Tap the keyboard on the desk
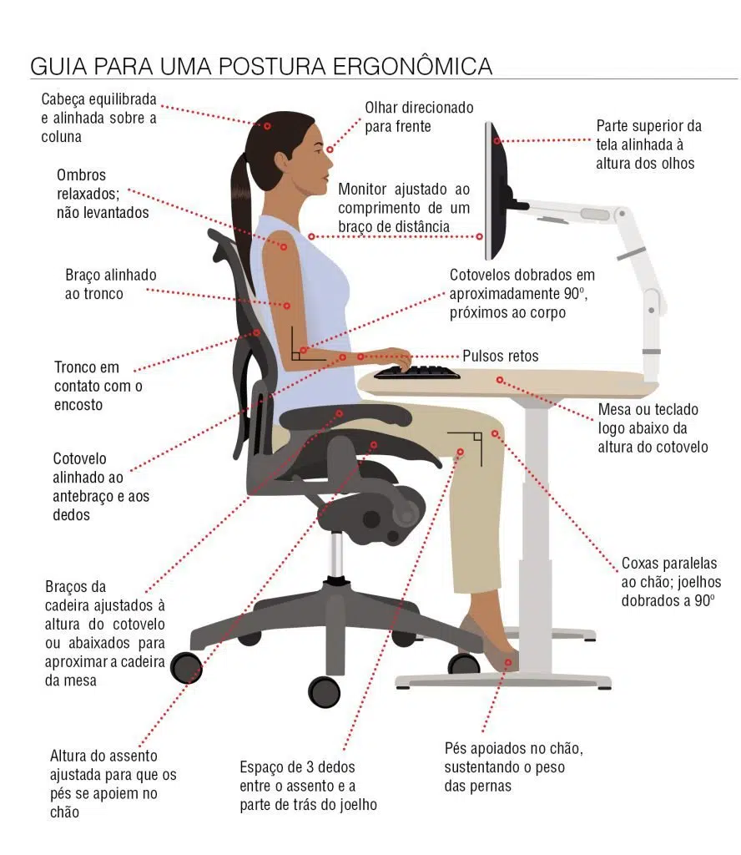pyautogui.click(x=416, y=372)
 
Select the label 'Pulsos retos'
pyautogui.click(x=501, y=356)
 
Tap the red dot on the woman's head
pyautogui.click(x=268, y=125)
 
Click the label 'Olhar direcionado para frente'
pyautogui.click(x=419, y=117)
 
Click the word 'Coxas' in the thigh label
pyautogui.click(x=641, y=564)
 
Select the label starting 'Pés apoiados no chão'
pyautogui.click(x=512, y=766)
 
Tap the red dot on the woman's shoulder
pyautogui.click(x=284, y=246)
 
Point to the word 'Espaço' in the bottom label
pyautogui.click(x=262, y=767)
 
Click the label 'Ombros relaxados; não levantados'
pyautogui.click(x=103, y=194)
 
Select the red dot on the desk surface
pyautogui.click(x=500, y=380)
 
